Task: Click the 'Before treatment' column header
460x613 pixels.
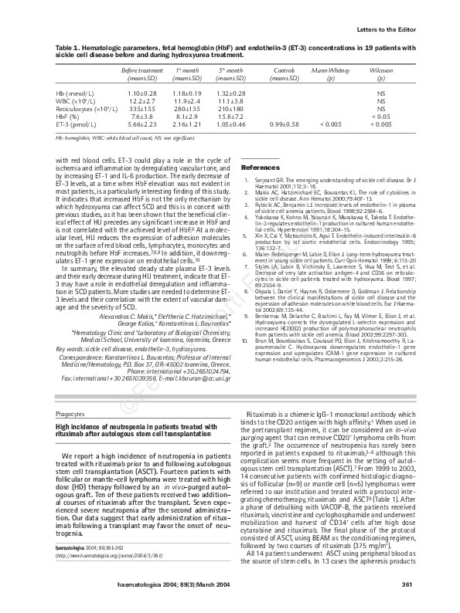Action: pyautogui.click(x=142, y=71)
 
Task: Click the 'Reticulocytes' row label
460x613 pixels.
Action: pyautogui.click(x=79, y=109)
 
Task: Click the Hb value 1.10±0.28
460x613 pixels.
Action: pyautogui.click(x=142, y=93)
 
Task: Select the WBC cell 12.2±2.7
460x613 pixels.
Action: pyautogui.click(x=142, y=101)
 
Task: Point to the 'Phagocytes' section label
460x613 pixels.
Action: pyautogui.click(x=70, y=415)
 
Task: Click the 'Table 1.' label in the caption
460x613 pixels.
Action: pyautogui.click(x=67, y=48)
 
